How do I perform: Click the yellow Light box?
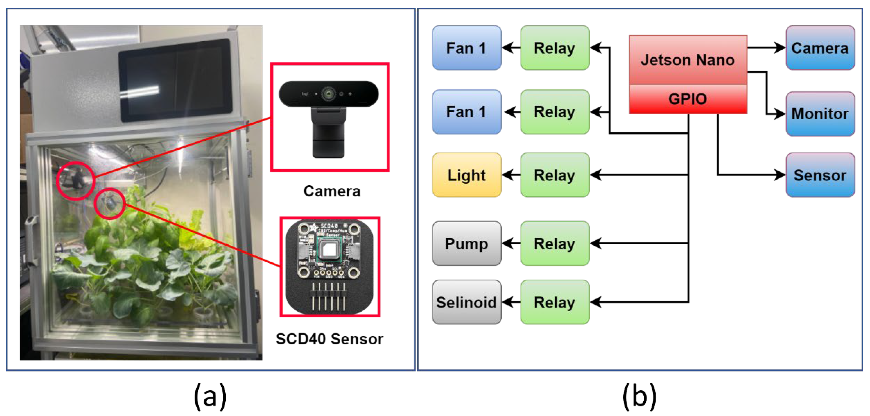[466, 175]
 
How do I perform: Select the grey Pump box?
[466, 243]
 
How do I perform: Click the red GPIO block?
[688, 99]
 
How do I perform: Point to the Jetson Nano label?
[688, 60]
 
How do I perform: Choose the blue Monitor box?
[820, 114]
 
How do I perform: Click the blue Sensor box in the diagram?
[820, 175]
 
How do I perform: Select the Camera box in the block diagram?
[820, 48]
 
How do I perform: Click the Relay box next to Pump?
[555, 243]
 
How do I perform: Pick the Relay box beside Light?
[555, 175]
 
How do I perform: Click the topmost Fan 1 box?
[466, 48]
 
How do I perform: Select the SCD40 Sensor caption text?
[329, 339]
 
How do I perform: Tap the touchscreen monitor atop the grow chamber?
[175, 80]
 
